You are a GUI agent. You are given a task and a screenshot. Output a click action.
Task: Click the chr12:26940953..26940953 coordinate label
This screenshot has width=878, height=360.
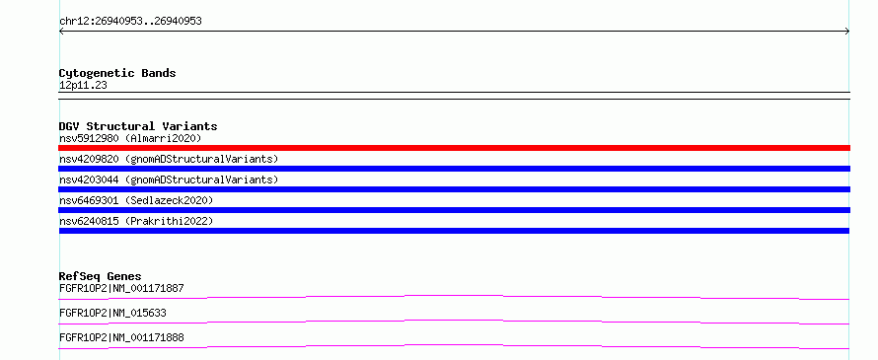(130, 22)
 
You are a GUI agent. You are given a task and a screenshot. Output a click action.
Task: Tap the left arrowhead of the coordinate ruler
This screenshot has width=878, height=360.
(61, 32)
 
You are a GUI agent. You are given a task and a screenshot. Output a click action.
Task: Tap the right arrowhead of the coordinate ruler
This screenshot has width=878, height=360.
(847, 32)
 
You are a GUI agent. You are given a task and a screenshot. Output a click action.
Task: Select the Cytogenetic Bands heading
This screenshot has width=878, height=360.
(117, 73)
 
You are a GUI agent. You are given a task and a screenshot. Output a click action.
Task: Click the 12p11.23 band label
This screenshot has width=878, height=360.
(83, 86)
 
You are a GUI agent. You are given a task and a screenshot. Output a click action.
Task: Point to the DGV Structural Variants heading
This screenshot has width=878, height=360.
(138, 126)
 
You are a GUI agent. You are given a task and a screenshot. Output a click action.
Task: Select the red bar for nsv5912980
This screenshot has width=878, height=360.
(454, 148)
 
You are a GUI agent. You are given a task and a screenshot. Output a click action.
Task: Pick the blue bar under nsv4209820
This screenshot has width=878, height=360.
(454, 169)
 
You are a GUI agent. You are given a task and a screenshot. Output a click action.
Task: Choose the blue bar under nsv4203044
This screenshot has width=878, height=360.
(454, 189)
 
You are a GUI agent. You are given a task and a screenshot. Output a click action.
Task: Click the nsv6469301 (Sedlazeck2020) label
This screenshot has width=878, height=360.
(136, 200)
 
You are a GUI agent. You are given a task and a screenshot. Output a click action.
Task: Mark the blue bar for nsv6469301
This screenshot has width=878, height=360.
(454, 210)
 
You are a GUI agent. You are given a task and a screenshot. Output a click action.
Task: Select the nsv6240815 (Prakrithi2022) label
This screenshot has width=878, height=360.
(136, 221)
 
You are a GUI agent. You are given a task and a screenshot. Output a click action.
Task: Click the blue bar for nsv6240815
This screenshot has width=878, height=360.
(454, 231)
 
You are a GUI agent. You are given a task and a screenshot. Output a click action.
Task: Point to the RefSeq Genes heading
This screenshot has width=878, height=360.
(101, 276)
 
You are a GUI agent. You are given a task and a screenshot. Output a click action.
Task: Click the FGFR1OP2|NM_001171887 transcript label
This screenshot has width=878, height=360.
(121, 289)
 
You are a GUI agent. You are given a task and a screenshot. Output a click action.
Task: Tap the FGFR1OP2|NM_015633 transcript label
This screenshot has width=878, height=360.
(112, 313)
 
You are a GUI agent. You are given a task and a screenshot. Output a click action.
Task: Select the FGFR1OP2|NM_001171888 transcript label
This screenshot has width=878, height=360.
(121, 337)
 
